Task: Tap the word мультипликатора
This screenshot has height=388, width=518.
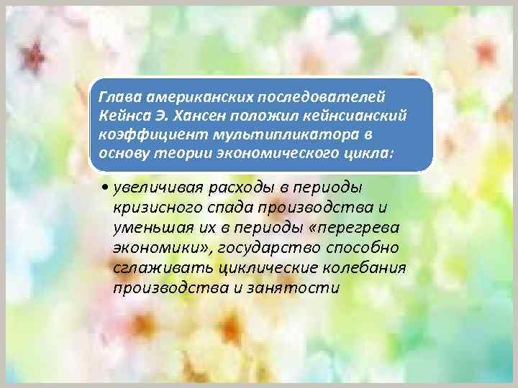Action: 256,135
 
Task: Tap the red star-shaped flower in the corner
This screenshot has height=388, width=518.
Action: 32,53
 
